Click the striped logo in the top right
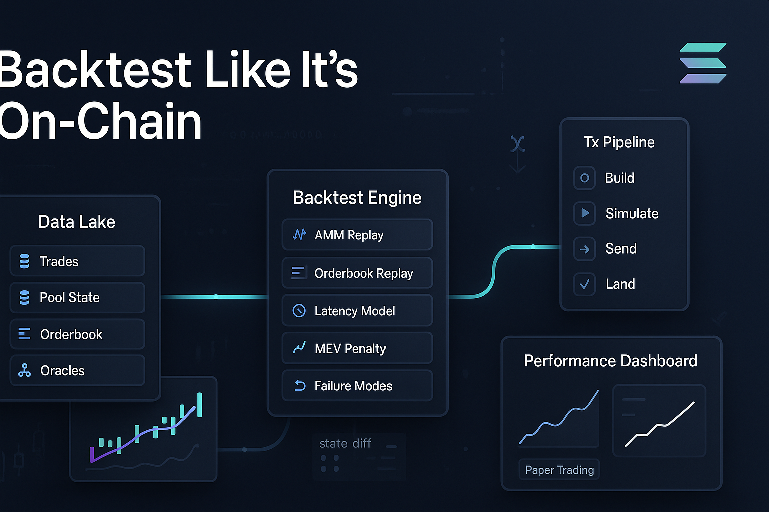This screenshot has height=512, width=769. pyautogui.click(x=703, y=63)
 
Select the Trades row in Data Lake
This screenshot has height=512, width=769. pyautogui.click(x=77, y=261)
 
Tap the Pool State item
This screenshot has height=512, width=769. pyautogui.click(x=77, y=297)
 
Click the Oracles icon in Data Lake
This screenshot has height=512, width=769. pyautogui.click(x=24, y=370)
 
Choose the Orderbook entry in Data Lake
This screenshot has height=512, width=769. pyautogui.click(x=77, y=334)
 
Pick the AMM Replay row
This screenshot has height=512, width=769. pyautogui.click(x=357, y=235)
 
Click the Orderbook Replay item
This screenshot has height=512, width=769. pyautogui.click(x=357, y=273)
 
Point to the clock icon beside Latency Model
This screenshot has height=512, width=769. pyautogui.click(x=299, y=311)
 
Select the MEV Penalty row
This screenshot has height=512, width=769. pyautogui.click(x=357, y=348)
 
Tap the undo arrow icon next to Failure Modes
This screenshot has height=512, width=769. pyautogui.click(x=300, y=386)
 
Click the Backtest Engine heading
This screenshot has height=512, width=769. pyautogui.click(x=357, y=197)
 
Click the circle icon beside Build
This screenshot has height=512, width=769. pyautogui.click(x=584, y=178)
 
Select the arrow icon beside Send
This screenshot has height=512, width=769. pyautogui.click(x=584, y=249)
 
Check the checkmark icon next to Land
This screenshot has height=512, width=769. pyautogui.click(x=584, y=284)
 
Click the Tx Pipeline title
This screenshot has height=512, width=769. pyautogui.click(x=619, y=142)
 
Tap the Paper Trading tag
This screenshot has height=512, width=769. pyautogui.click(x=559, y=470)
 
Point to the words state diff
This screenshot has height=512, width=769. pyautogui.click(x=345, y=444)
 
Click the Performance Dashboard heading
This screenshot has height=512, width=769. pyautogui.click(x=611, y=361)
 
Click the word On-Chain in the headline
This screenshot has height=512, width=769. pyautogui.click(x=100, y=121)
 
